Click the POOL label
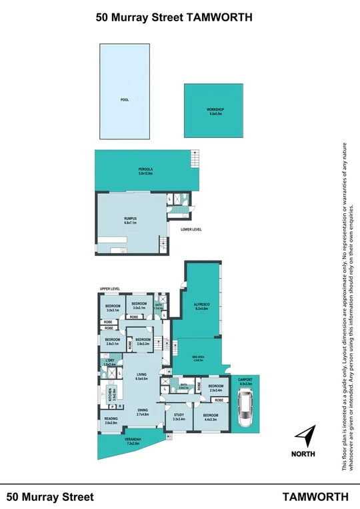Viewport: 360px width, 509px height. (124, 100)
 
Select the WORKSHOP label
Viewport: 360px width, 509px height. (215, 111)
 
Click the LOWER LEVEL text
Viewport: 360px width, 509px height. (191, 229)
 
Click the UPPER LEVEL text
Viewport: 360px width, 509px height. (109, 288)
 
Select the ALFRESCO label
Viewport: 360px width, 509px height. (202, 307)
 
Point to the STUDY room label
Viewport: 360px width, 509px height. (179, 417)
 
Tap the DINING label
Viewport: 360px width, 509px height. (143, 412)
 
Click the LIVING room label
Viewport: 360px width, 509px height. (141, 376)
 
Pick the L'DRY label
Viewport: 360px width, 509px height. (109, 362)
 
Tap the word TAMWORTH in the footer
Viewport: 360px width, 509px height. (315, 496)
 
